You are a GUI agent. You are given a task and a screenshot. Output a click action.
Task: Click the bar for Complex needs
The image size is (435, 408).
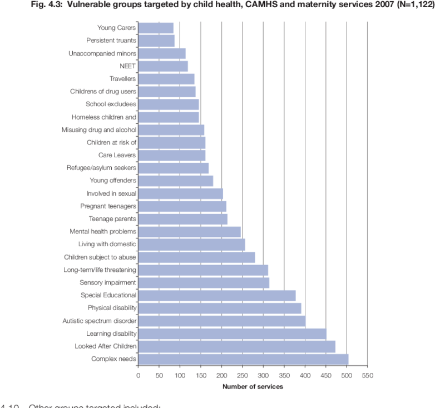243,359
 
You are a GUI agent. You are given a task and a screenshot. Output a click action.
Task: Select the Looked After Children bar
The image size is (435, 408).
236,346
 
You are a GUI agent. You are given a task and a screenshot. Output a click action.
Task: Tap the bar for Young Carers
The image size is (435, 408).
155,28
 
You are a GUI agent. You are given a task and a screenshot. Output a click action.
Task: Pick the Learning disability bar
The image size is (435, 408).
232,334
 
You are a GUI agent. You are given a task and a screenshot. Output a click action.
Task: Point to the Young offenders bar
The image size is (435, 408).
175,181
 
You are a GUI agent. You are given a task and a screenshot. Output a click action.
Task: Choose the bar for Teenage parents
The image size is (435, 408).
182,219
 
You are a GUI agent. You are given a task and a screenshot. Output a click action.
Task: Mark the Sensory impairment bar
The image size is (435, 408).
203,282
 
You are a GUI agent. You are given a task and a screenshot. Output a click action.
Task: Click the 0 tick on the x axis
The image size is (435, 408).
138,375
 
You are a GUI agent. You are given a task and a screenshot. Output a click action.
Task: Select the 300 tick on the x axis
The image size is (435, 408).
263,375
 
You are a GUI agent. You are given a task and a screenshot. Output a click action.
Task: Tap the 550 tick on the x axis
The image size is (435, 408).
367,375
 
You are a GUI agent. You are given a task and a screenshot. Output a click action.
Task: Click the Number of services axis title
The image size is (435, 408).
253,386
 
